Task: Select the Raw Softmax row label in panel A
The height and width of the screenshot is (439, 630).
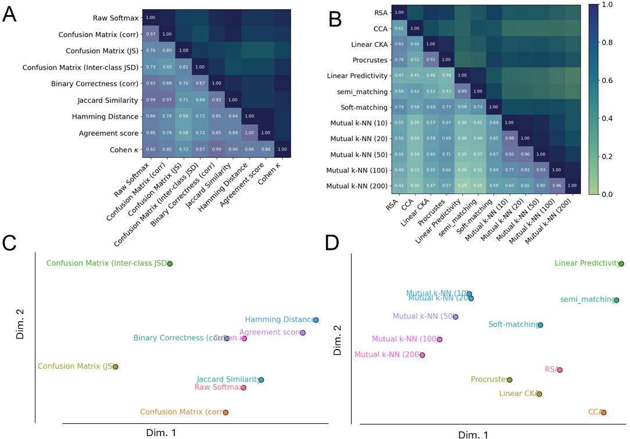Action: [114, 18]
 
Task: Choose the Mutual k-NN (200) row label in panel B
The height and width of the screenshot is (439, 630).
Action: [357, 186]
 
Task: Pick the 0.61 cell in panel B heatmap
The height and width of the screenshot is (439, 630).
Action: [400, 28]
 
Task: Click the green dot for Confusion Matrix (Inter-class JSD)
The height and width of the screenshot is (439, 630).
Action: [170, 264]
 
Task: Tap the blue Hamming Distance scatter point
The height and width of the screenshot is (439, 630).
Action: [316, 320]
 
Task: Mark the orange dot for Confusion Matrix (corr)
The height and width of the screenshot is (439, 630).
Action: [225, 412]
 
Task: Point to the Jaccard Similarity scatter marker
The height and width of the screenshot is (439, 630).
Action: [261, 380]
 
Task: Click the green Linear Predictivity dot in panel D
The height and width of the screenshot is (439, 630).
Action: [621, 264]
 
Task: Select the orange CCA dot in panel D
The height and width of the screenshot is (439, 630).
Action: [603, 412]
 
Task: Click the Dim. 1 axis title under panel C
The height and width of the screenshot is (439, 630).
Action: [161, 432]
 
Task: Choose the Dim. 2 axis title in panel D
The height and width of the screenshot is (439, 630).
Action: [338, 340]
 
